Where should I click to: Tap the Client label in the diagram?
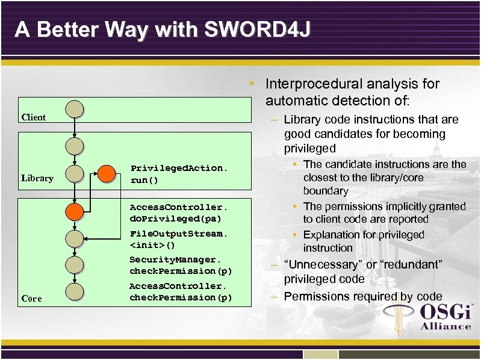pos(33,117)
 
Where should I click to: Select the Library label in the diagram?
pos(37,178)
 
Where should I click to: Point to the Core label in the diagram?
pos(31,299)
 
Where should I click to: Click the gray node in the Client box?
pos(75,109)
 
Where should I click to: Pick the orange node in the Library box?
pos(107,173)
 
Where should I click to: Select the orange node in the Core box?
pos(75,211)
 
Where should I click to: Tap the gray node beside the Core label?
pos(75,291)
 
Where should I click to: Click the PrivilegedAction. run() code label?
pos(179,174)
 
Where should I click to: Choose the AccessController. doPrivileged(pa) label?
pos(179,212)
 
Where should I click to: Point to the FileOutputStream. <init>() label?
pos(179,239)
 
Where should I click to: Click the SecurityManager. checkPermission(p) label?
pos(181,265)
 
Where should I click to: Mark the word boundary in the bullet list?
pos(326,191)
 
